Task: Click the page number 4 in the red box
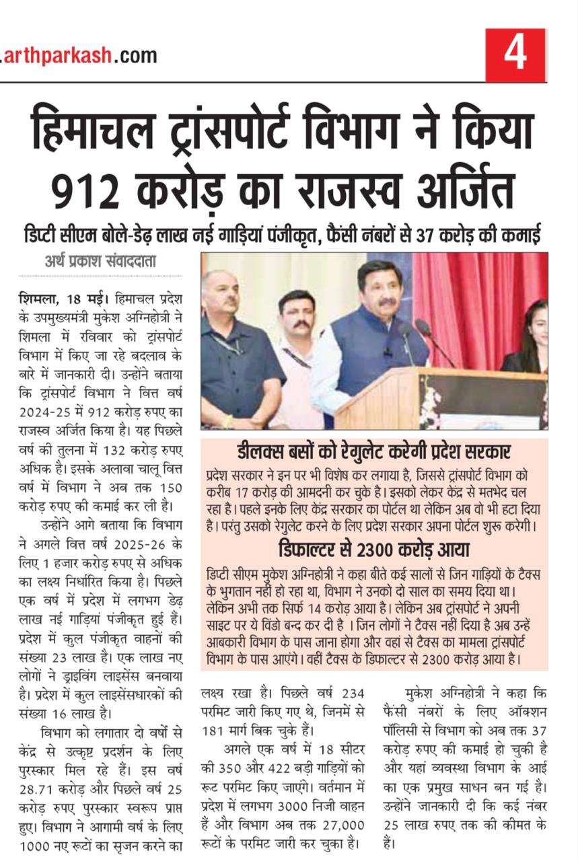click(515, 55)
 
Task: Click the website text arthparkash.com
click(79, 56)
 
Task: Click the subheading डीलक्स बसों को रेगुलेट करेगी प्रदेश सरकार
click(373, 452)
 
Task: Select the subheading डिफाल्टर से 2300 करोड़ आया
click(373, 549)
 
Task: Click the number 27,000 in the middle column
click(340, 825)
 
